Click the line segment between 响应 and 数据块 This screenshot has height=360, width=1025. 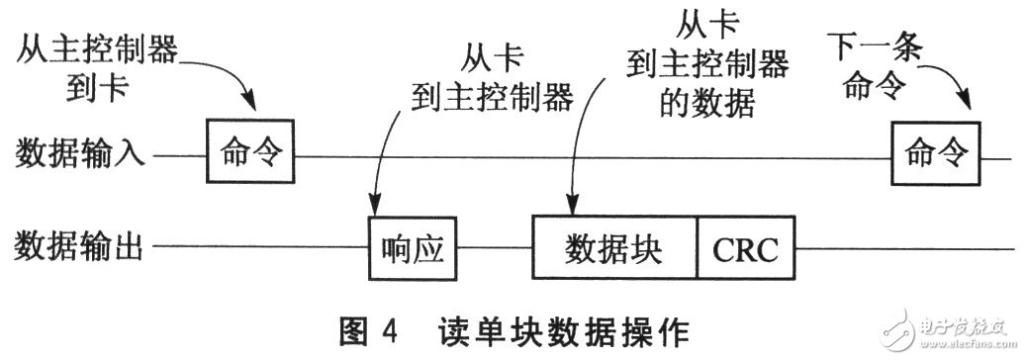(498, 246)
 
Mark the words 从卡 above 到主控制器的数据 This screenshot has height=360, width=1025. (707, 22)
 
